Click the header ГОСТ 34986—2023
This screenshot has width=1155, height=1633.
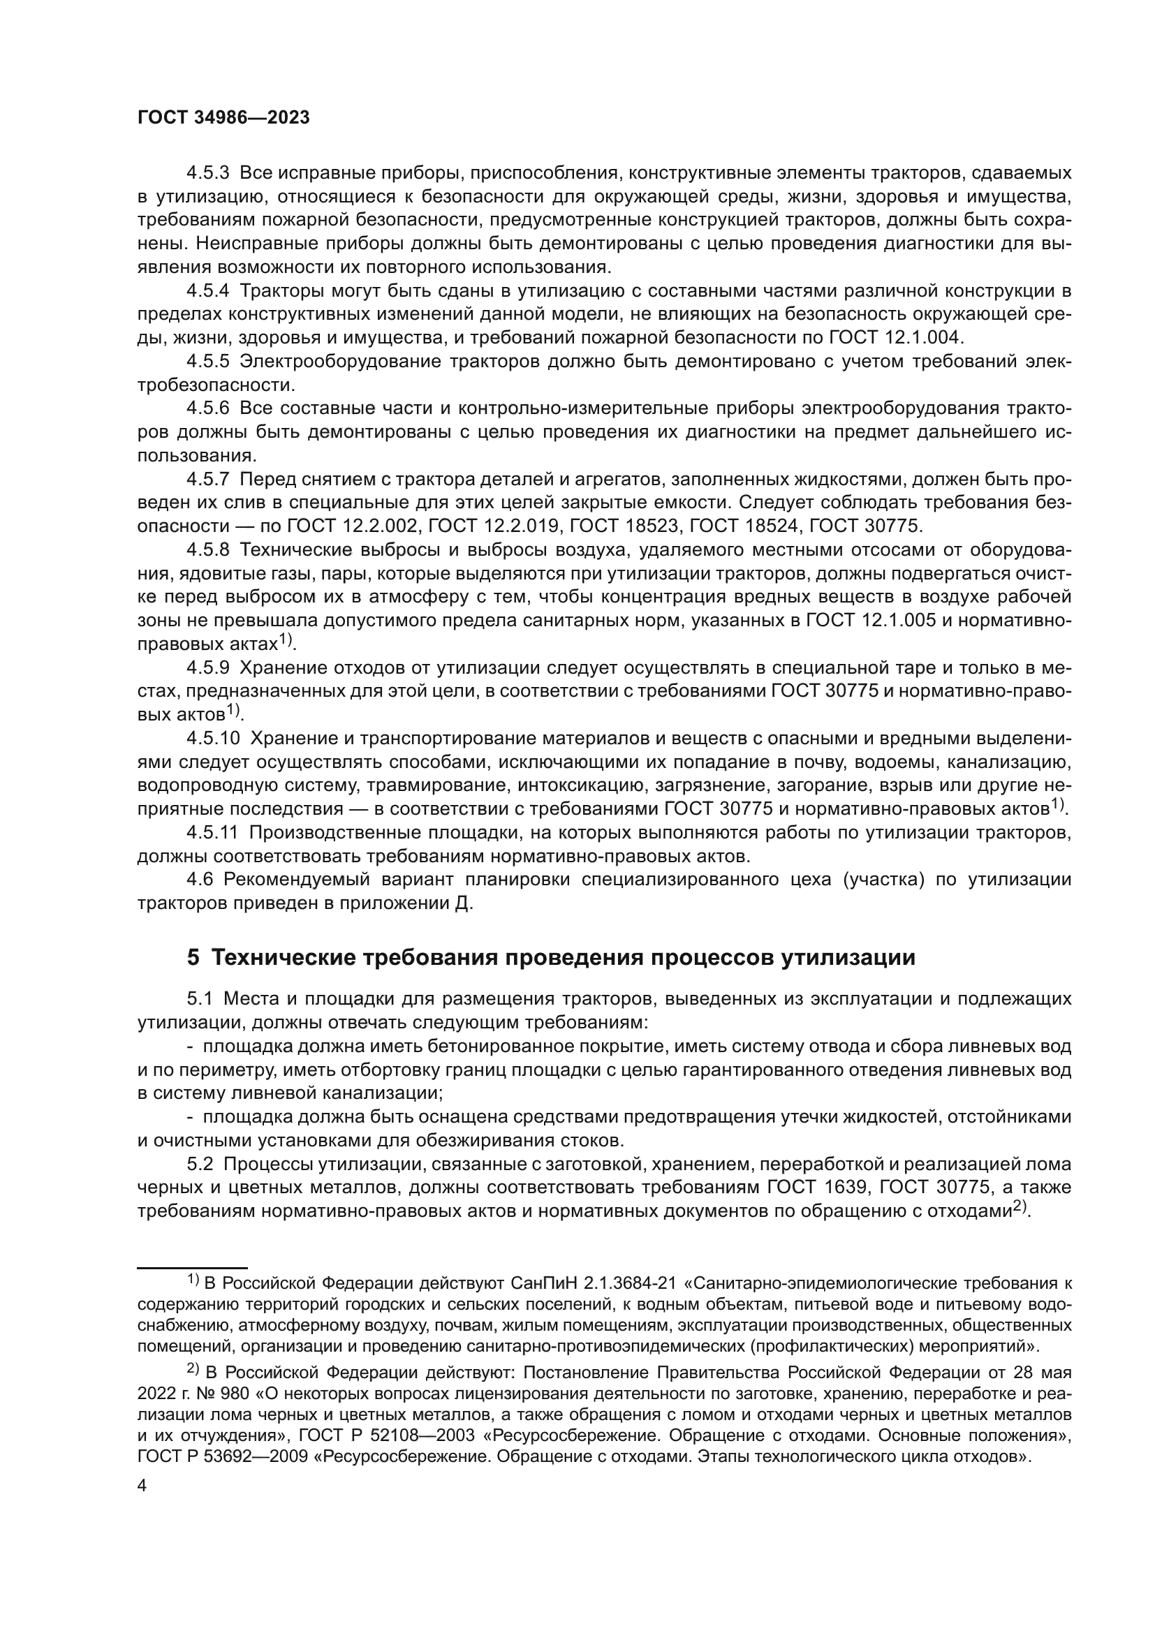click(x=223, y=118)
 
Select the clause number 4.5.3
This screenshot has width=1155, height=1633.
click(x=207, y=173)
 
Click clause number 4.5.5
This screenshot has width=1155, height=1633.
click(x=207, y=362)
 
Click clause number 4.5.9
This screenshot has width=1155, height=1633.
click(x=207, y=668)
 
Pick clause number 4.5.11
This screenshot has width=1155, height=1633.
click(x=213, y=832)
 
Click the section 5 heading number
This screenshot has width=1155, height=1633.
click(x=193, y=958)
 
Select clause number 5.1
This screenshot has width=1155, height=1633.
click(x=200, y=999)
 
